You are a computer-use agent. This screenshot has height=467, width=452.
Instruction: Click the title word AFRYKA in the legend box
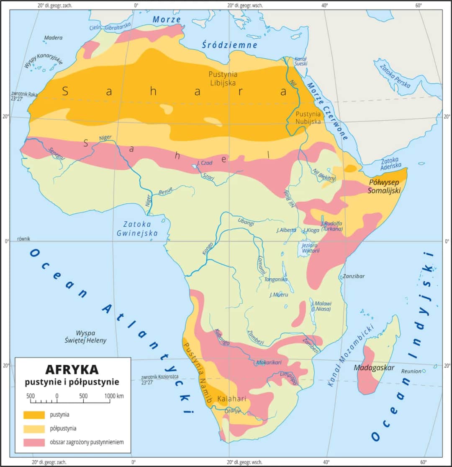click(72, 369)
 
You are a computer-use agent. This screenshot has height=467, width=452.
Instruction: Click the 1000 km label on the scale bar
click(114, 396)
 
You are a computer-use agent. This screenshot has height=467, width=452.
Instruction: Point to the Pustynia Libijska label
click(222, 78)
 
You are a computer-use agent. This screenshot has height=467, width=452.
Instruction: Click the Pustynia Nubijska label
click(308, 117)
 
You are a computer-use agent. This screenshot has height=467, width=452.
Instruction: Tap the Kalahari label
click(231, 399)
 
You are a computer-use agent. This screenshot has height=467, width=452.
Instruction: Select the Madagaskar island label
click(374, 368)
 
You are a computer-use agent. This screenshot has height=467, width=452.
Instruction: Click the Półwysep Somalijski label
click(384, 186)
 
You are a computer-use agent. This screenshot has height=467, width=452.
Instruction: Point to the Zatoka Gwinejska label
click(140, 228)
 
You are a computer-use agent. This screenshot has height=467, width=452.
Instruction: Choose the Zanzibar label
click(354, 276)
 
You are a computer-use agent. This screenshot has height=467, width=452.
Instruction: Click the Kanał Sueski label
click(301, 61)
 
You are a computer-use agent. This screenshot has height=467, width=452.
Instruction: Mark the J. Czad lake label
click(203, 163)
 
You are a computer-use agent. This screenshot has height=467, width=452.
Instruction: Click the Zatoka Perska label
click(395, 74)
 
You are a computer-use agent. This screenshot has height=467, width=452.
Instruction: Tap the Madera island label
click(53, 38)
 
